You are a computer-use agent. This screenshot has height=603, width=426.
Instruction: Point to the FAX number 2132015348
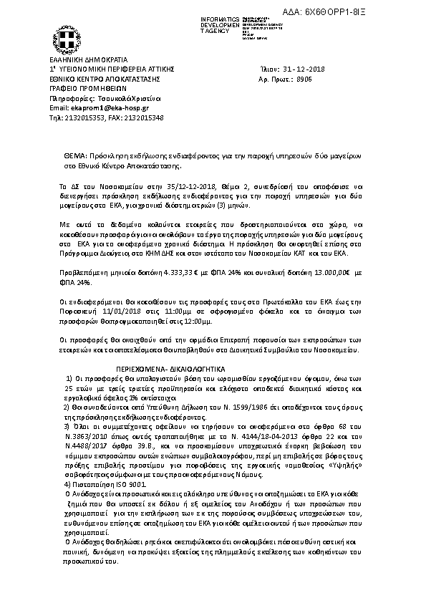tap(147, 117)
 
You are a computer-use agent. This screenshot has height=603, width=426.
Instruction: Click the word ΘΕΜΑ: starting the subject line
tap(75, 155)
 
